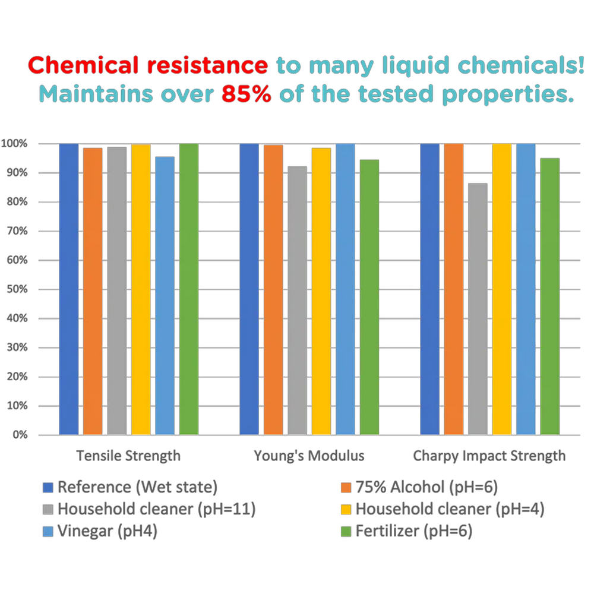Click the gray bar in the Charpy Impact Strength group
click(477, 309)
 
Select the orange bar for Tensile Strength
click(93, 291)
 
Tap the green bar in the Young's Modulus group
click(370, 297)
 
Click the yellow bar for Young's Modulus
click(321, 291)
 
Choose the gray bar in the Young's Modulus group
click(298, 300)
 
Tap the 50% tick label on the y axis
click(16, 289)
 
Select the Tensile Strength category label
click(128, 456)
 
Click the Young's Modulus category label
click(309, 456)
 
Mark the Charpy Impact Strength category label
click(489, 456)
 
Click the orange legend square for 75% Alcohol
click(345, 488)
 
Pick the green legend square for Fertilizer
click(345, 531)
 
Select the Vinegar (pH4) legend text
click(108, 531)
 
